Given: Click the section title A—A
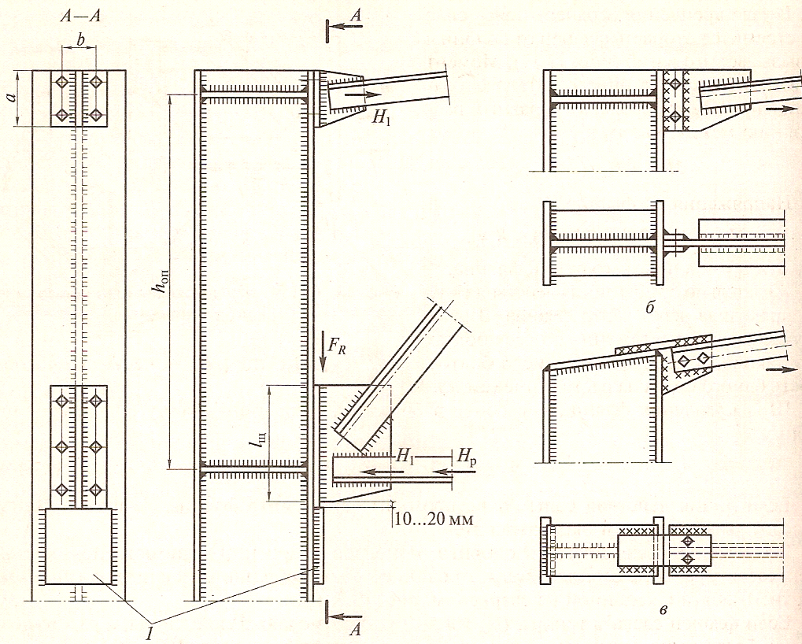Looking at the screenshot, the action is tap(79, 16).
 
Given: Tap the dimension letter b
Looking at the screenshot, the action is tap(79, 39).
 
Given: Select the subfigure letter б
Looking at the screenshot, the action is tap(650, 308).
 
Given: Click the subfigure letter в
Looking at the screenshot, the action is tap(663, 609).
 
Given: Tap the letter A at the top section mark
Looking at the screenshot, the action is tap(356, 17).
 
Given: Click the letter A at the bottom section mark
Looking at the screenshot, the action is tap(356, 629).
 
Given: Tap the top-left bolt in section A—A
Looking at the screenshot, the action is tap(62, 82).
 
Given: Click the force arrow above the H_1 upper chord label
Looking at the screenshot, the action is tap(363, 94).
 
